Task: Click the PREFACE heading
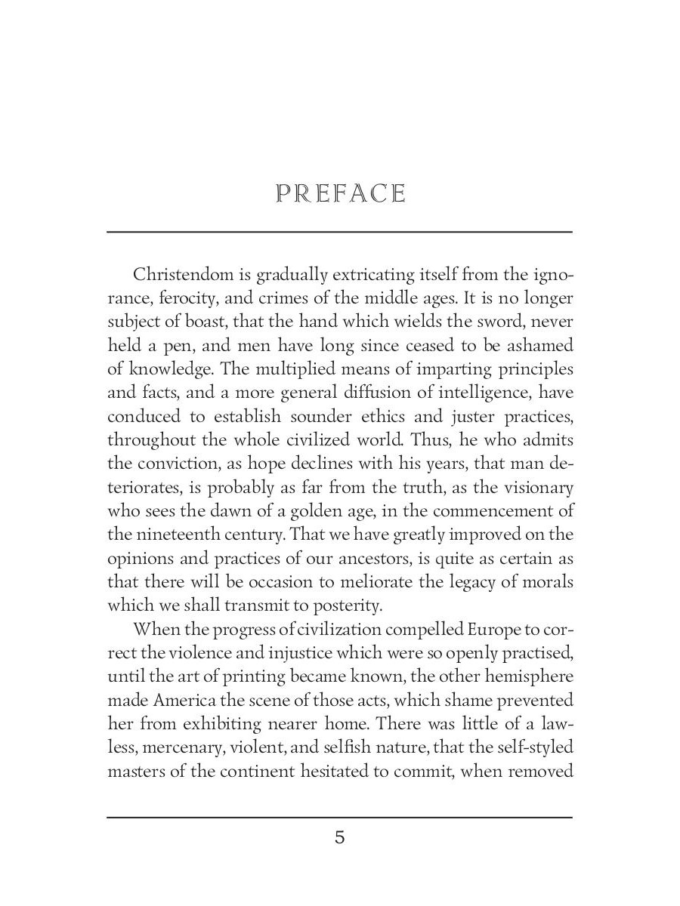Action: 341,194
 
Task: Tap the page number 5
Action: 340,837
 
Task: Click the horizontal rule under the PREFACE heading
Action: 340,232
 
